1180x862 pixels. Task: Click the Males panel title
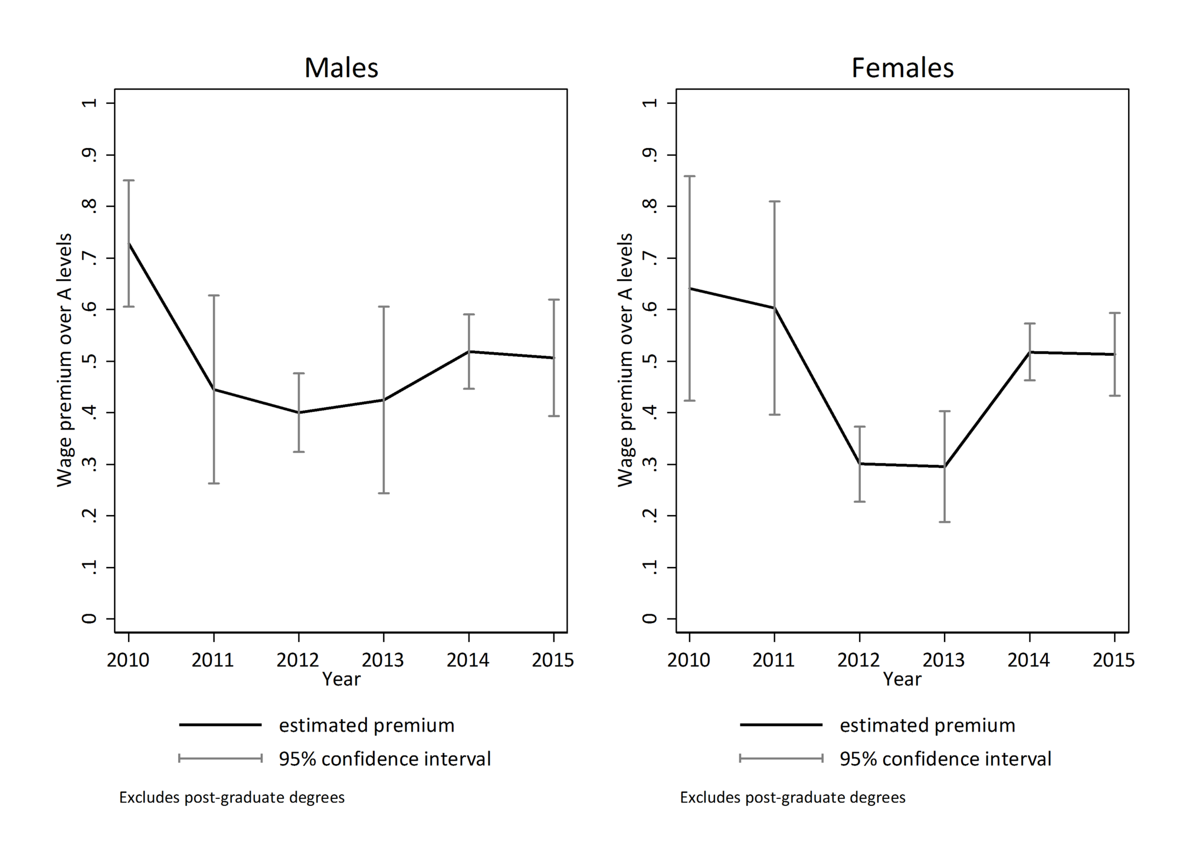341,68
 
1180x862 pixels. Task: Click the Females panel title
902,68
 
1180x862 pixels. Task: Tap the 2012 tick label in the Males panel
298,659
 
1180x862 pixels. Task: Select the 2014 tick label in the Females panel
1028,659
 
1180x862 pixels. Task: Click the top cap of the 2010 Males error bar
129,180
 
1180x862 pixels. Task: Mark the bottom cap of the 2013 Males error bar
383,493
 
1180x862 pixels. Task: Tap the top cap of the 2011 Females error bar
774,201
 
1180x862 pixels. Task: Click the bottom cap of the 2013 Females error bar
945,522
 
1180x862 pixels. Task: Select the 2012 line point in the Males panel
299,412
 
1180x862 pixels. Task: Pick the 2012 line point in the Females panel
860,464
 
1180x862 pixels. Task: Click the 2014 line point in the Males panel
468,352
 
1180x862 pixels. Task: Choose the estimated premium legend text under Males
366,725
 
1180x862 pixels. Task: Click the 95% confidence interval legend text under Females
945,758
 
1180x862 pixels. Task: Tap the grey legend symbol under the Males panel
220,758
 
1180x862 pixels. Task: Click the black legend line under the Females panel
781,725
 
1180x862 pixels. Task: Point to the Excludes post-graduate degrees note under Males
232,798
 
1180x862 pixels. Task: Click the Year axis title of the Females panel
902,679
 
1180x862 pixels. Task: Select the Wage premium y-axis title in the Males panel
64,360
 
